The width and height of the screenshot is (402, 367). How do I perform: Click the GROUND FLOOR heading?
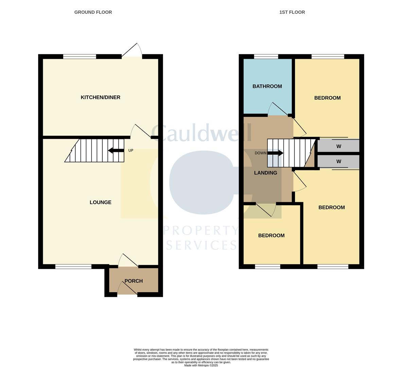[93, 12]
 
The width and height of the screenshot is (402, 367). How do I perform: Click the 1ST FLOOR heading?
[292, 12]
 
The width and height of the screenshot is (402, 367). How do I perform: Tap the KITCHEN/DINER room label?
[100, 98]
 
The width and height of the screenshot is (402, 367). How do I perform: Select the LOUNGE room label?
[100, 203]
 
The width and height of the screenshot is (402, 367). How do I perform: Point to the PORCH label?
[134, 281]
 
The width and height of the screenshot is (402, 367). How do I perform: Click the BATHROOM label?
[267, 86]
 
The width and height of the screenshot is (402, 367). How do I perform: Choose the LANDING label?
[265, 173]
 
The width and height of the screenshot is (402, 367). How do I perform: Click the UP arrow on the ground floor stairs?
[116, 151]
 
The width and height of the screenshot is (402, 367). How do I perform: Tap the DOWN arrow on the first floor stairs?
[275, 153]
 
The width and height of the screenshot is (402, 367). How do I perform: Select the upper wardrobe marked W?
[338, 146]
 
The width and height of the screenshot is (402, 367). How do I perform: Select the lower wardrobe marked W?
[338, 162]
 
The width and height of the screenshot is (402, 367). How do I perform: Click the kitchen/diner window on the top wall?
[80, 57]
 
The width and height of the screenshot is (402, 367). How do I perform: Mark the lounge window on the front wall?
[73, 267]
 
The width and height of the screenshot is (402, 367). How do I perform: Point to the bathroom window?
[266, 57]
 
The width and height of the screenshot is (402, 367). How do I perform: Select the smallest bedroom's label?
[271, 235]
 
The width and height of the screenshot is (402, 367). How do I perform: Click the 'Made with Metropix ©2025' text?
[201, 365]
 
